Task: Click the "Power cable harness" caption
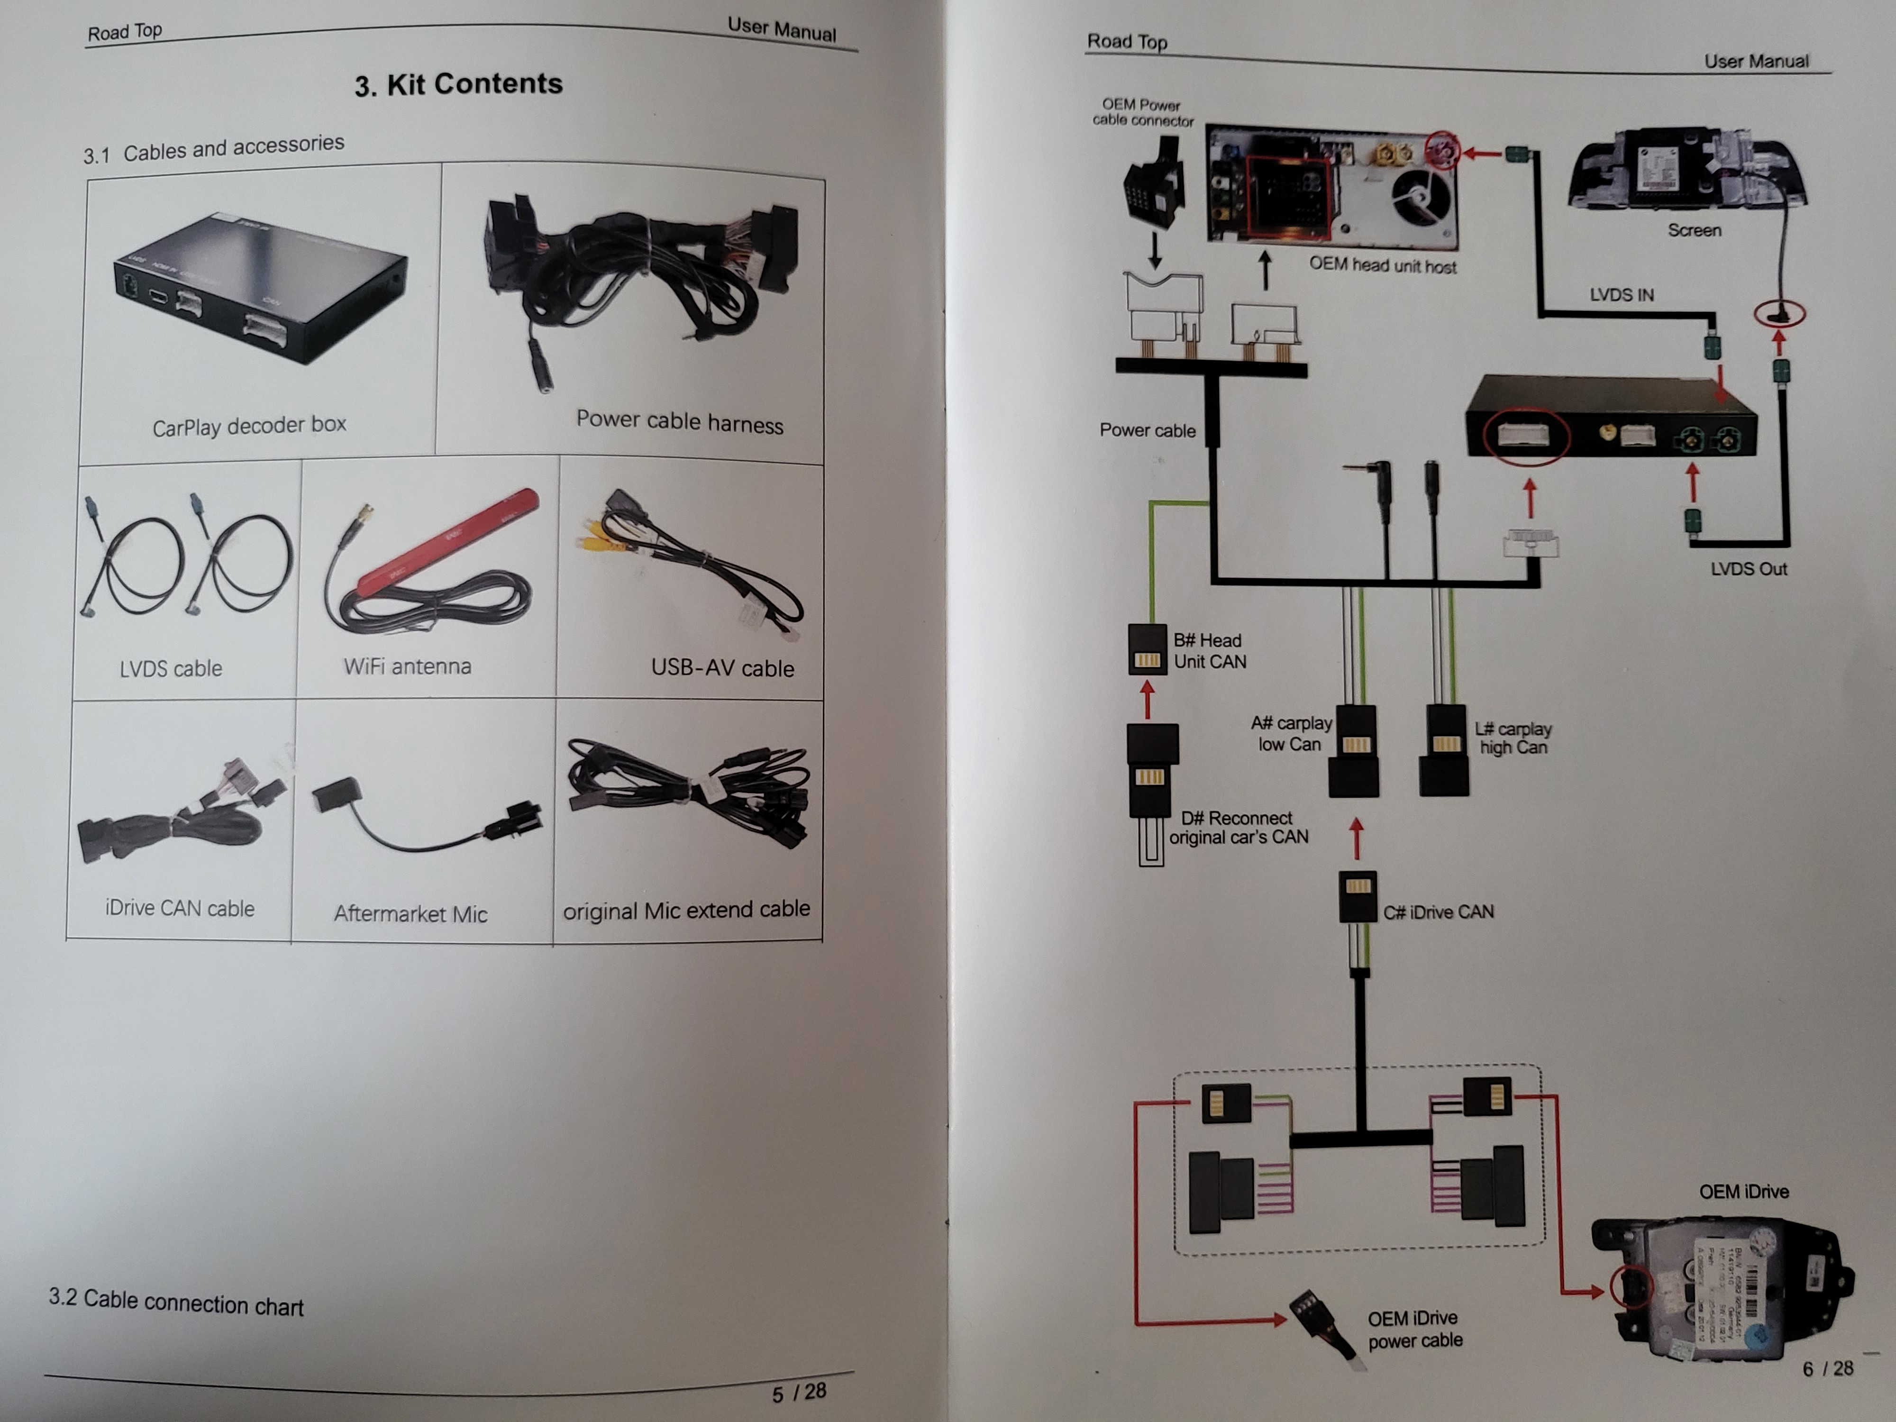coord(679,422)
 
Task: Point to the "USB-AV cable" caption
coord(722,668)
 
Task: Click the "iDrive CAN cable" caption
coord(179,908)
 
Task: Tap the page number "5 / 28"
coord(799,1392)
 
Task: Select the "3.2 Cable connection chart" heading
coord(176,1301)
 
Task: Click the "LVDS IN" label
coord(1621,295)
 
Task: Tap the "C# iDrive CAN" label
coord(1438,912)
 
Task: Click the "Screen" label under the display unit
coord(1694,230)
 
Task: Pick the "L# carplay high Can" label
coord(1513,738)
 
